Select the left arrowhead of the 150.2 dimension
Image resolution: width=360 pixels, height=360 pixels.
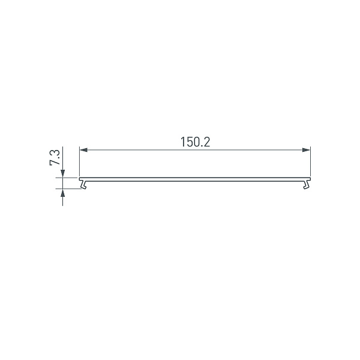point(83,149)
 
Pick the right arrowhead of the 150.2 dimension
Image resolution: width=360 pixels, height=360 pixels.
point(307,149)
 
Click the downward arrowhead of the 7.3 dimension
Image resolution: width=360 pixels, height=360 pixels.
point(63,174)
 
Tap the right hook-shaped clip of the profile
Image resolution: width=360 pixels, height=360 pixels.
point(308,184)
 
